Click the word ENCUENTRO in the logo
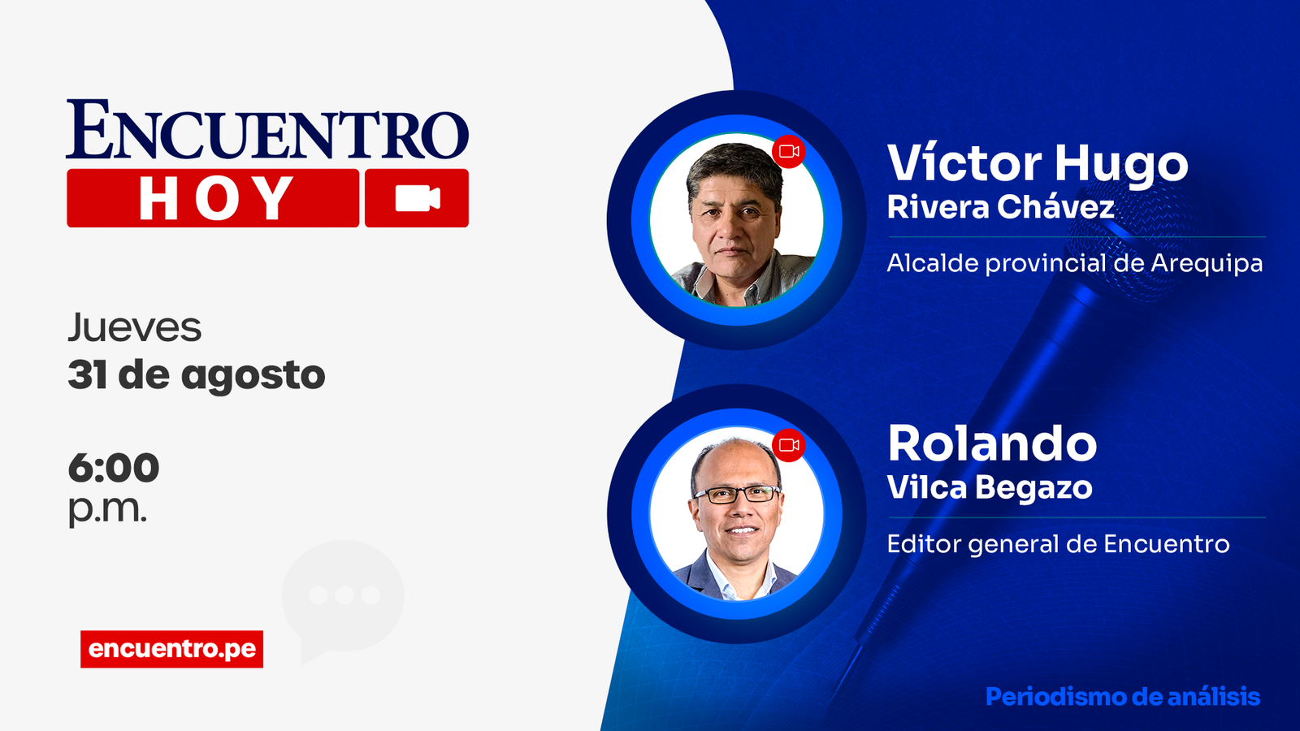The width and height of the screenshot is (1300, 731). (267, 130)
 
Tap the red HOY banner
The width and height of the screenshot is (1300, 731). (213, 198)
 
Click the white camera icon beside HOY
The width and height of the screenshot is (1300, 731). (417, 198)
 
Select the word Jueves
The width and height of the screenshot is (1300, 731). (134, 328)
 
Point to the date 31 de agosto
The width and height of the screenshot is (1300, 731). (196, 375)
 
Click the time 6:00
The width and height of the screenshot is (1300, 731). (113, 468)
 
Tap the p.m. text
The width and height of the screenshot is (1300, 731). (106, 509)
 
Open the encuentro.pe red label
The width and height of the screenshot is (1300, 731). (171, 649)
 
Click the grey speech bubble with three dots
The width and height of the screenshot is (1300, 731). (343, 597)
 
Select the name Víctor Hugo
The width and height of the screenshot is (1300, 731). (1037, 164)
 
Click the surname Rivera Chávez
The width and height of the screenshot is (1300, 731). (1000, 207)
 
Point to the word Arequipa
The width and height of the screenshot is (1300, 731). (1207, 263)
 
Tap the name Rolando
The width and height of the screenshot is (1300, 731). (992, 443)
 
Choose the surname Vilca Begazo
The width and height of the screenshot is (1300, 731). (989, 487)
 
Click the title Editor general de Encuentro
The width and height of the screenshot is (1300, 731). (1058, 543)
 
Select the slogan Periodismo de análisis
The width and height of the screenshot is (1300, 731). (1122, 696)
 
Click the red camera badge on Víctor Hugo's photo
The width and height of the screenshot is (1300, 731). (789, 151)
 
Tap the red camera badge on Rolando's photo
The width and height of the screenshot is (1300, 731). (789, 444)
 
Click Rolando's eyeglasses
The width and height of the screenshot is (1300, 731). (737, 494)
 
